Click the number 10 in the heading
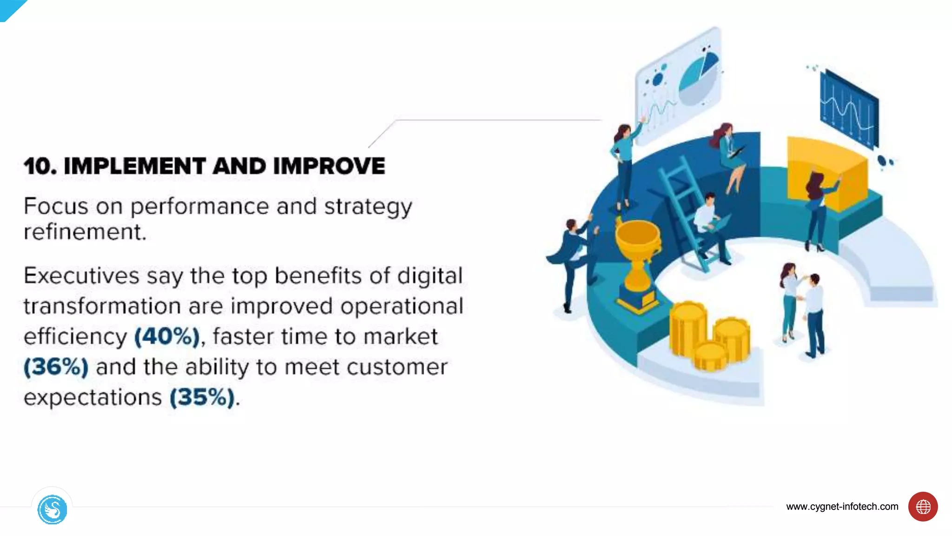[40, 166]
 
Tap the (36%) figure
[56, 367]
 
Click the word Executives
[81, 276]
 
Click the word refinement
[85, 232]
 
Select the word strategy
[368, 207]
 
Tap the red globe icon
[923, 507]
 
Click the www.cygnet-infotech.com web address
[842, 507]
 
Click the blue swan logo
[52, 509]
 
